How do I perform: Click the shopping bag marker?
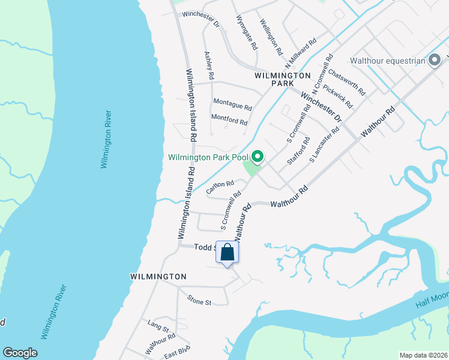[228, 253]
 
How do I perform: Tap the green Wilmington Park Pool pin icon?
[258, 157]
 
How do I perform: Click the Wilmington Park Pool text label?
[208, 158]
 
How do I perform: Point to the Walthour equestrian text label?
[388, 61]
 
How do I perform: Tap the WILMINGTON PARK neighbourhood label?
[282, 80]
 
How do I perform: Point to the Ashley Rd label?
[209, 65]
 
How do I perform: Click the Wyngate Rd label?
[247, 32]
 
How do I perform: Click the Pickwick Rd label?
[337, 95]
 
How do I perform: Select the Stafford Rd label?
[298, 152]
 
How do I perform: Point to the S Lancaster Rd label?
[324, 145]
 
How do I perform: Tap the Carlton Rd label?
[219, 187]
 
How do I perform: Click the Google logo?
[20, 353]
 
